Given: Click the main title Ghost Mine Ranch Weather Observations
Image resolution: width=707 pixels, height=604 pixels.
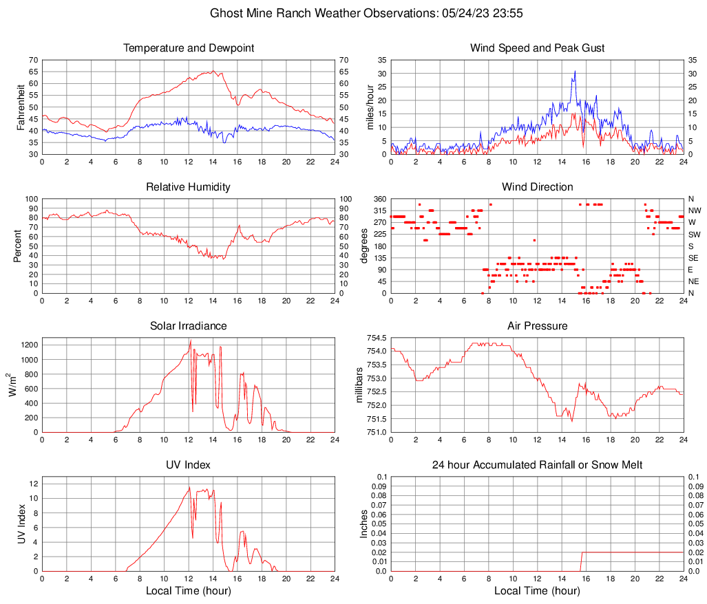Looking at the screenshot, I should pyautogui.click(x=353, y=13).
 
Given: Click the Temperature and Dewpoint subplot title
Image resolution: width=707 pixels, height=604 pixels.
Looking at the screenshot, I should pyautogui.click(x=189, y=48).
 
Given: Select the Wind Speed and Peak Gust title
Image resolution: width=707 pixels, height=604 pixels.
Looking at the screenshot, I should pyautogui.click(x=537, y=48).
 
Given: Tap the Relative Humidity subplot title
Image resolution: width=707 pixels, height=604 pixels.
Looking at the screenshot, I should pyautogui.click(x=189, y=187).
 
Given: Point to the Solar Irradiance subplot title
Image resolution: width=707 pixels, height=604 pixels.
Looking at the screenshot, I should pyautogui.click(x=189, y=326).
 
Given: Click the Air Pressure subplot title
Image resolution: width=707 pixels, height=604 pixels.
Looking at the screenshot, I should pyautogui.click(x=537, y=326).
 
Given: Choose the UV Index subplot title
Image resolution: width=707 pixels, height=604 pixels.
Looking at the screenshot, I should pyautogui.click(x=189, y=465).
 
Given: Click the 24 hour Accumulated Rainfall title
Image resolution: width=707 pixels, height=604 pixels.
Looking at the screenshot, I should pyautogui.click(x=537, y=465).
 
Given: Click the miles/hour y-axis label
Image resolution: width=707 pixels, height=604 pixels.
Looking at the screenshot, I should pyautogui.click(x=369, y=107).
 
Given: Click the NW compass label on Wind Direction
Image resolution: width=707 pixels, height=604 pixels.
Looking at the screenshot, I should pyautogui.click(x=694, y=211).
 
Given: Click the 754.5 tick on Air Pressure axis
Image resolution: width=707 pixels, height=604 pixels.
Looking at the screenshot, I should pyautogui.click(x=377, y=338).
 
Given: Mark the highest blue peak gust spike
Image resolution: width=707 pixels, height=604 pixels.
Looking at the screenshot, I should pyautogui.click(x=575, y=71).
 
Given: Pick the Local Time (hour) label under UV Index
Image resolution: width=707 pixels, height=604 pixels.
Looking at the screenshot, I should pyautogui.click(x=189, y=591).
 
